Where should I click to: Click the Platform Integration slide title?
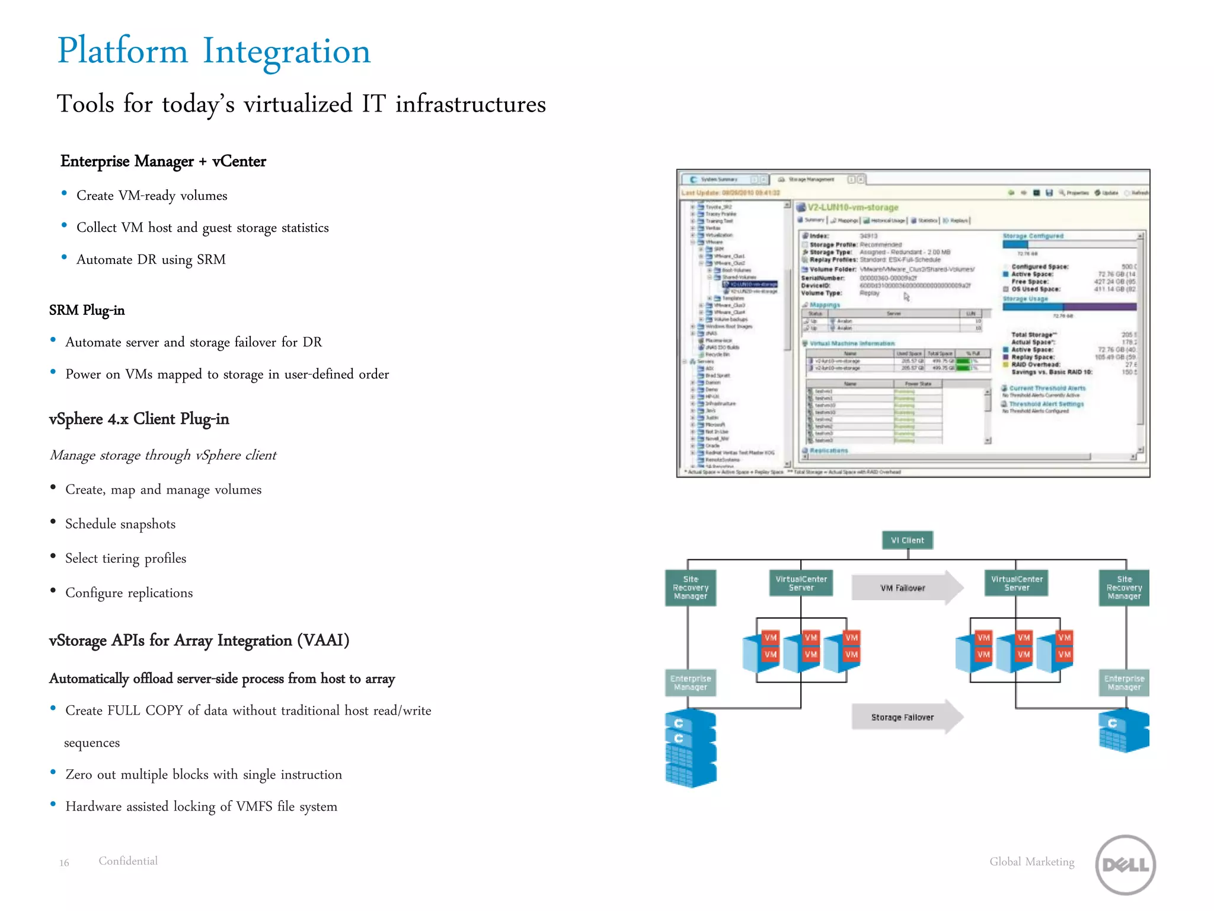tap(213, 51)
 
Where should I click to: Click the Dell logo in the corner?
tap(1125, 864)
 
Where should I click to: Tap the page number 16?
tap(64, 863)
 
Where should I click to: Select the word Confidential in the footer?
tap(128, 861)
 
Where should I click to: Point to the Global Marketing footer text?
tap(1031, 862)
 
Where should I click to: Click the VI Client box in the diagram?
tap(908, 540)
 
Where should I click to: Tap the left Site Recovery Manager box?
tap(691, 588)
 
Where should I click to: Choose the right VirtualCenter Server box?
tap(1016, 583)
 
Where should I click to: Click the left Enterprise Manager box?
tap(691, 683)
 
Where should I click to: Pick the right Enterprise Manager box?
tap(1124, 683)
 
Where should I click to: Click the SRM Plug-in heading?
tap(87, 310)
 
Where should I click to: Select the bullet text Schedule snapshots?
tap(120, 524)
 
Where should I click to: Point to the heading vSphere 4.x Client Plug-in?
tap(139, 419)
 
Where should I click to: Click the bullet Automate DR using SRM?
tap(151, 260)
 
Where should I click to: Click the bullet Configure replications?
tap(129, 593)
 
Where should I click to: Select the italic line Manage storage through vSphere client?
tap(163, 455)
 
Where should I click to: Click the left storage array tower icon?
tap(691, 748)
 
